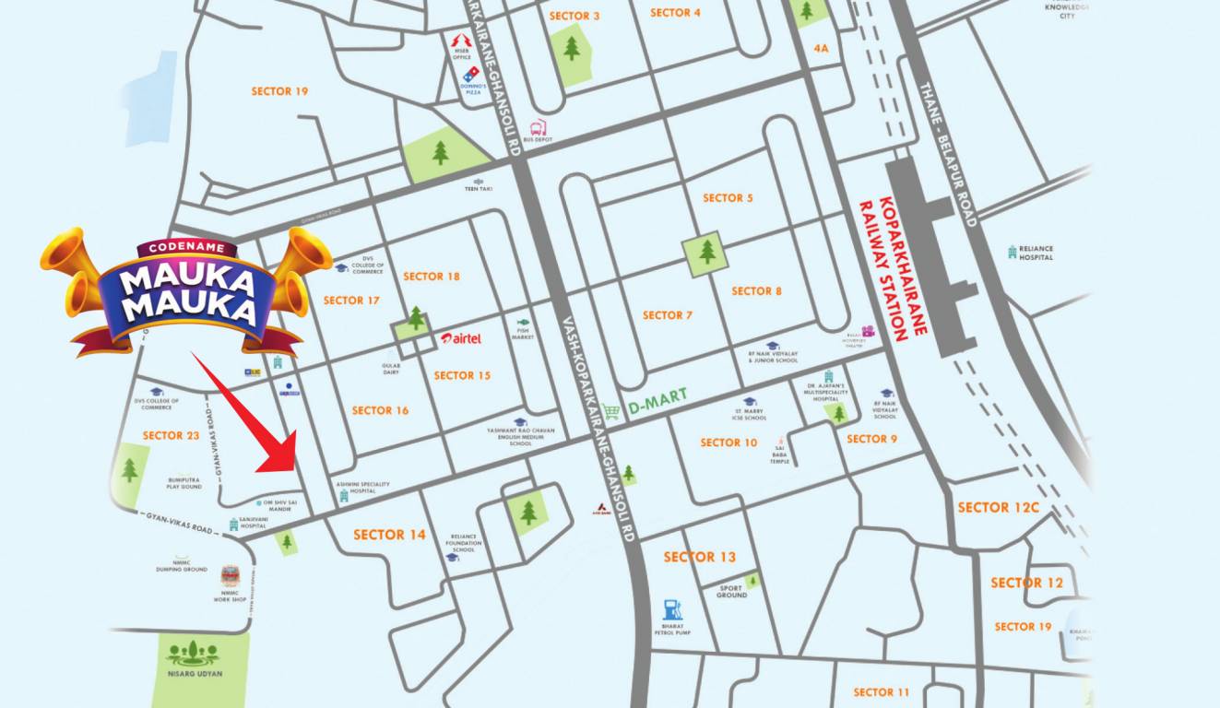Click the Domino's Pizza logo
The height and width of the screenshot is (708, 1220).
pyautogui.click(x=472, y=72)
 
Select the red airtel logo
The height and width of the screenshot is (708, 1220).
pyautogui.click(x=461, y=338)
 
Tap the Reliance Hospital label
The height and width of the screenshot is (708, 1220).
pyautogui.click(x=1037, y=253)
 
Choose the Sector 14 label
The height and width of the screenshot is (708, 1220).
pyautogui.click(x=389, y=535)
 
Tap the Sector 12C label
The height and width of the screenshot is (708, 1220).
pyautogui.click(x=998, y=507)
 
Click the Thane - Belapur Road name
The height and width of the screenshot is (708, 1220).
pyautogui.click(x=946, y=153)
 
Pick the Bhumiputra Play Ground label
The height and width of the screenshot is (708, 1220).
pyautogui.click(x=184, y=482)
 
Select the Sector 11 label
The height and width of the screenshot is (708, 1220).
pyautogui.click(x=881, y=691)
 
